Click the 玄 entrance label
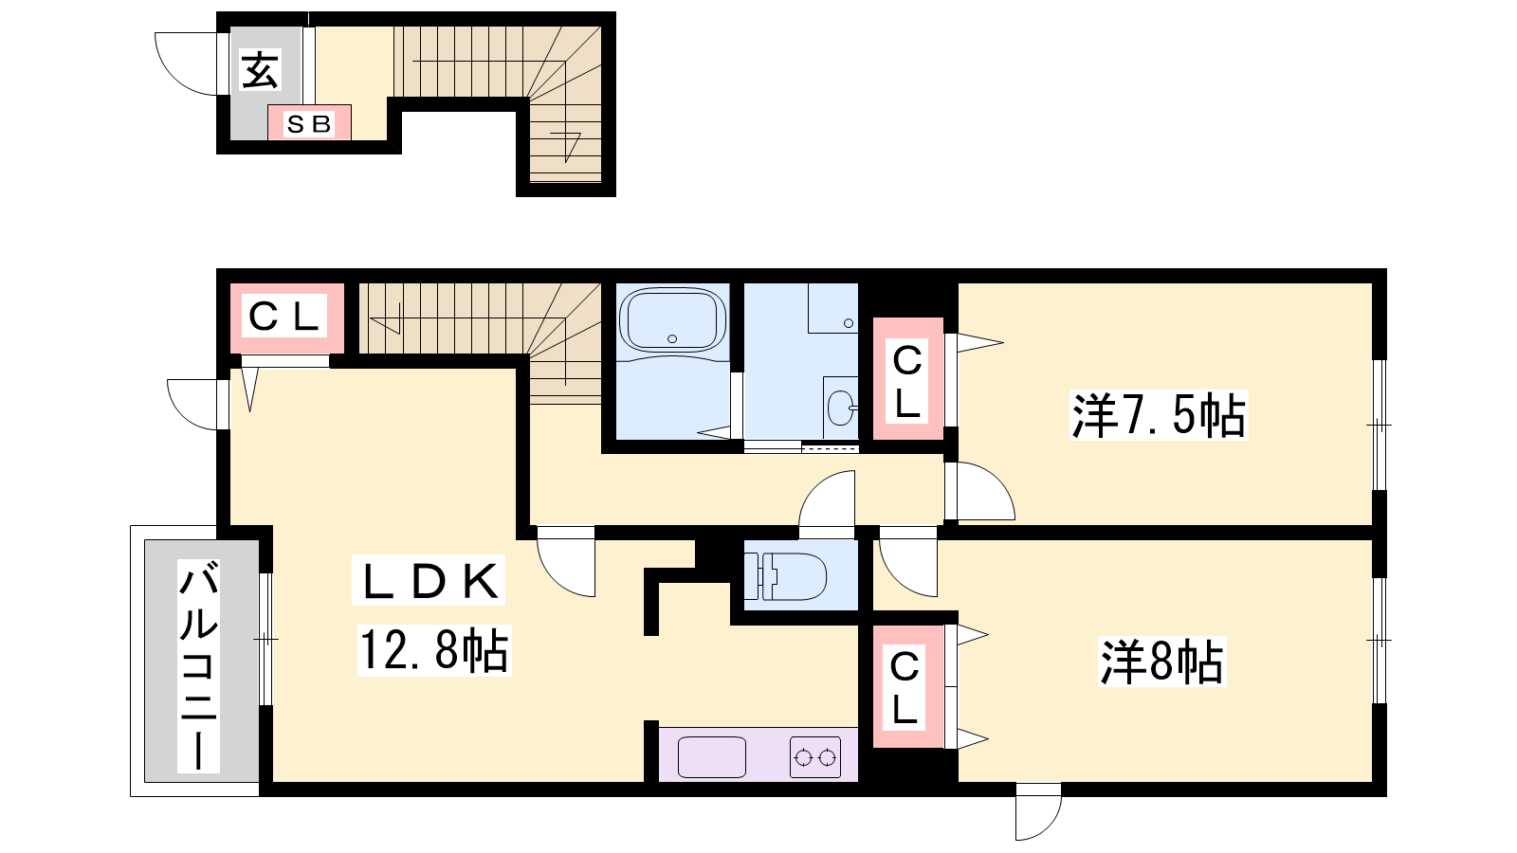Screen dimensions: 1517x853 (x=260, y=70)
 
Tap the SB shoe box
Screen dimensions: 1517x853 (x=309, y=122)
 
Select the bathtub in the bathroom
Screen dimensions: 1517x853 (x=672, y=320)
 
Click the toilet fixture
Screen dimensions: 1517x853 (x=786, y=576)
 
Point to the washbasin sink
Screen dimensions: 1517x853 (x=841, y=408)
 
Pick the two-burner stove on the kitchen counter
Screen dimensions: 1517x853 (x=814, y=757)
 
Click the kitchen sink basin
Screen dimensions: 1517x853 (x=712, y=757)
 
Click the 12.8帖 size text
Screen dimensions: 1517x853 (x=433, y=650)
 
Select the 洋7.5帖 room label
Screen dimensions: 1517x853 (x=1158, y=415)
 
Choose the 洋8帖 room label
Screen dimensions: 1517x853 (x=1162, y=662)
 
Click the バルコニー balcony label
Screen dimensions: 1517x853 (x=198, y=665)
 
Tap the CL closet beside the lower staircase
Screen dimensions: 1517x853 (x=286, y=317)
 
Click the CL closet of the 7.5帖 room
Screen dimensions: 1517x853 (x=907, y=379)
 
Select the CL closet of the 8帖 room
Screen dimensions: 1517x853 (x=907, y=686)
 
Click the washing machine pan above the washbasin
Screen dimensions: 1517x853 (x=833, y=308)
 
